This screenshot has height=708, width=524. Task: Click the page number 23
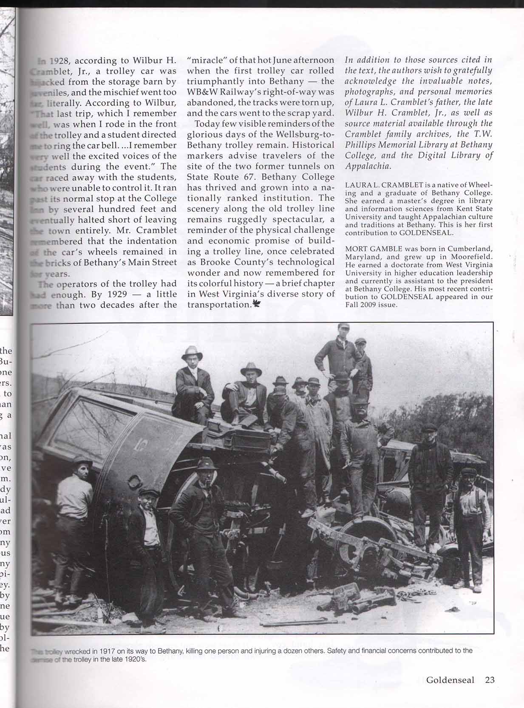click(x=490, y=680)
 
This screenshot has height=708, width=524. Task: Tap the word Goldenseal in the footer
click(x=450, y=680)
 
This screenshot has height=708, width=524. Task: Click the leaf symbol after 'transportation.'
click(x=257, y=303)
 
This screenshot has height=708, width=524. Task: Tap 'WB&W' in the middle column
click(x=202, y=92)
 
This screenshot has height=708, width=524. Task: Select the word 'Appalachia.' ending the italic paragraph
click(x=368, y=166)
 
